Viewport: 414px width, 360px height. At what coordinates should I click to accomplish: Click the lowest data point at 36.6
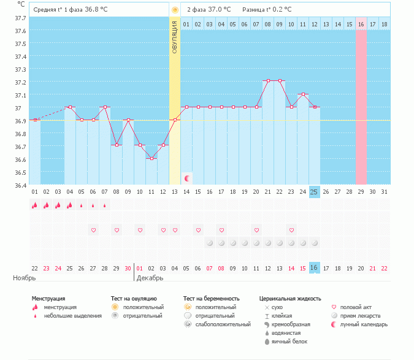click(151, 158)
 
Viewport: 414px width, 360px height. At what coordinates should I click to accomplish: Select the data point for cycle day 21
click(267, 81)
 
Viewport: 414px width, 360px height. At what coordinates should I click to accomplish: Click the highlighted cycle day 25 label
click(314, 192)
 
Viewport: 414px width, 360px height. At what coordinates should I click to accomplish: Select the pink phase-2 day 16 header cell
click(361, 24)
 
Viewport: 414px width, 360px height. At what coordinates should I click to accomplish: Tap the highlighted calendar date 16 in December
click(314, 268)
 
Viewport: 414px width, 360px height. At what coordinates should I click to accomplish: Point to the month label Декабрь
click(150, 278)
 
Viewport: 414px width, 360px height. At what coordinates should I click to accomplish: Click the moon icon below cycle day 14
click(187, 178)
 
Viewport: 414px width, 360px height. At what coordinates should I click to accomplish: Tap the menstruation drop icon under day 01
click(35, 205)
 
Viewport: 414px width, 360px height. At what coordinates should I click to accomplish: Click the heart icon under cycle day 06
click(93, 230)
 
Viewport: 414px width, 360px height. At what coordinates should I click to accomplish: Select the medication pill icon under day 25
click(314, 243)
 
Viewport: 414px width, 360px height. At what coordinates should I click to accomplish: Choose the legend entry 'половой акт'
click(356, 307)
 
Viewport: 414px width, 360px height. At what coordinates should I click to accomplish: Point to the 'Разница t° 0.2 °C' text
click(267, 9)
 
